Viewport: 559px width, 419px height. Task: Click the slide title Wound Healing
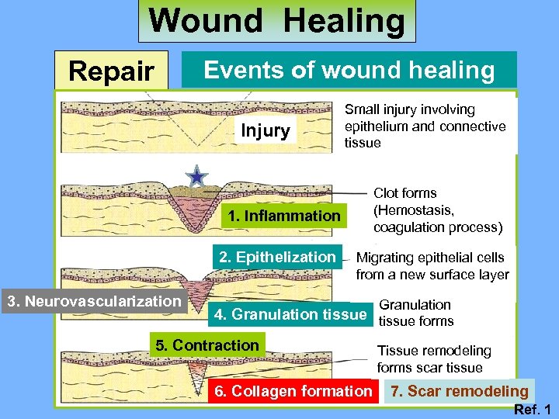tap(277, 21)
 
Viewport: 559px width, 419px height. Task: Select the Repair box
tap(111, 71)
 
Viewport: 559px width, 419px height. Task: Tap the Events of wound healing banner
tap(349, 71)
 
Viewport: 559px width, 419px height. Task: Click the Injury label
tap(265, 130)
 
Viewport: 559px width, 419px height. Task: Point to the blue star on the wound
tap(198, 178)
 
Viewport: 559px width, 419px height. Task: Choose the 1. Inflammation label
tap(284, 216)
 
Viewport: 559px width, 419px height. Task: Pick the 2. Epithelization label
tap(277, 257)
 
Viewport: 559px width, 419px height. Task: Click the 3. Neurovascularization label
tap(93, 300)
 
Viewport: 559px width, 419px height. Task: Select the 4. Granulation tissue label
tap(289, 314)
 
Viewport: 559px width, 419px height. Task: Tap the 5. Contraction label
tap(207, 345)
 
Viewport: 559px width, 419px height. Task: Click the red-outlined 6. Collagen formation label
tap(293, 391)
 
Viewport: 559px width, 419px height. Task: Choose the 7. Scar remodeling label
tap(459, 391)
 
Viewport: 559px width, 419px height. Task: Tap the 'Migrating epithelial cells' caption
tap(430, 258)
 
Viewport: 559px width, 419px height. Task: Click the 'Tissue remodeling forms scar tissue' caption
tap(434, 358)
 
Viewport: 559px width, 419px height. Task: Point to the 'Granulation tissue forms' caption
tap(415, 313)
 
